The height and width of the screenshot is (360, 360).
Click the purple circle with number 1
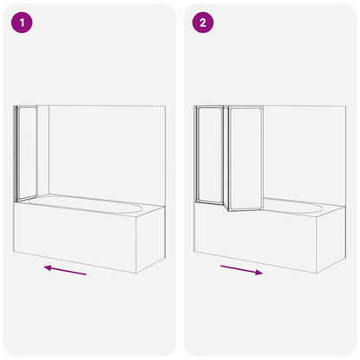(22, 23)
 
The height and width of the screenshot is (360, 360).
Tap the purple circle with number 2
(202, 23)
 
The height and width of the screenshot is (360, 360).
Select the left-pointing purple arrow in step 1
(66, 270)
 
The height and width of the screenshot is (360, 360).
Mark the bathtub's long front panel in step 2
(255, 238)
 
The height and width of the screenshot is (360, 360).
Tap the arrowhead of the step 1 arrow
(47, 267)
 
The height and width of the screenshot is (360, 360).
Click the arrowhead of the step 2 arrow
(260, 273)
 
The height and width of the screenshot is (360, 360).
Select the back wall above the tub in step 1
(104, 147)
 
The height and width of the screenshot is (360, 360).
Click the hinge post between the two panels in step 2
(226, 157)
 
